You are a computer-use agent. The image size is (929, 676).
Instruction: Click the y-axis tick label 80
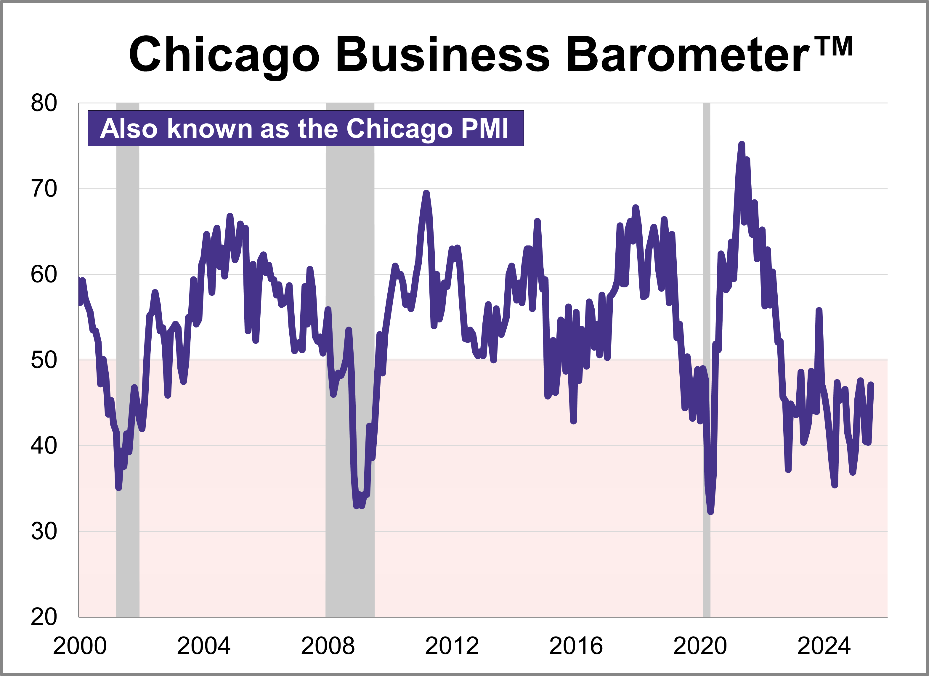(x=44, y=103)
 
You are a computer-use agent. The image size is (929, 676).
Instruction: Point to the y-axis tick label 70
(x=44, y=189)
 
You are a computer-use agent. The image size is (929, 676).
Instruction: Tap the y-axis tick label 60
(x=44, y=275)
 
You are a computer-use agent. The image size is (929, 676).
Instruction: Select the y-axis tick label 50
(x=44, y=360)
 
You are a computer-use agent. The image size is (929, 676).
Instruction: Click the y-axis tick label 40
(x=44, y=446)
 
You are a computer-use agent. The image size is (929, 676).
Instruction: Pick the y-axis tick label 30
(x=44, y=531)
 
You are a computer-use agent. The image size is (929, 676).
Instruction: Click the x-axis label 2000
(x=80, y=646)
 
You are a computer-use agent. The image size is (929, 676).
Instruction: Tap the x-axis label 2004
(x=203, y=646)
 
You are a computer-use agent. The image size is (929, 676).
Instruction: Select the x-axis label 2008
(x=328, y=646)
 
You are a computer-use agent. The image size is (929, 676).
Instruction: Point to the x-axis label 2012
(x=452, y=646)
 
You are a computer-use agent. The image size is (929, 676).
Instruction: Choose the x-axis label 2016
(x=576, y=646)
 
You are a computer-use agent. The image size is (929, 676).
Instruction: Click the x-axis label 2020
(x=700, y=646)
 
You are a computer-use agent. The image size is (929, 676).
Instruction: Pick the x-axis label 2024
(x=824, y=646)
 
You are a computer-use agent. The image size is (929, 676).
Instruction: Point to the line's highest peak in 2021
(x=742, y=144)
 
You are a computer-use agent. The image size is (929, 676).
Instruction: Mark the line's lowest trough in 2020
(x=711, y=512)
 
